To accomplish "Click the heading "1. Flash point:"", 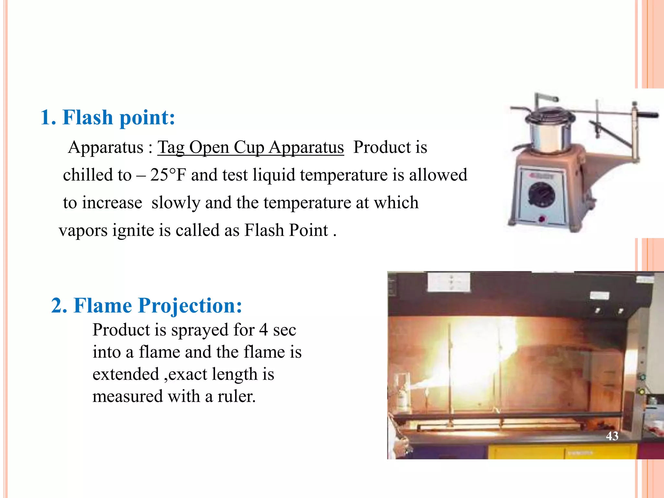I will (108, 117).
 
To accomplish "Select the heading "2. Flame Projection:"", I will (147, 305).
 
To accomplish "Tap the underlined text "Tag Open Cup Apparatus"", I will (250, 148).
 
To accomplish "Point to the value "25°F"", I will (168, 175).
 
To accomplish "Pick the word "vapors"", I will (83, 231).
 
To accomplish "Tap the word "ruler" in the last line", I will (236, 397).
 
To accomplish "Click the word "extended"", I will (125, 374).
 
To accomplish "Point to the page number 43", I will (612, 436).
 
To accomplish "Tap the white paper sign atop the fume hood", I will (449, 281).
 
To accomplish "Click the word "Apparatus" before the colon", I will (106, 148).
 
